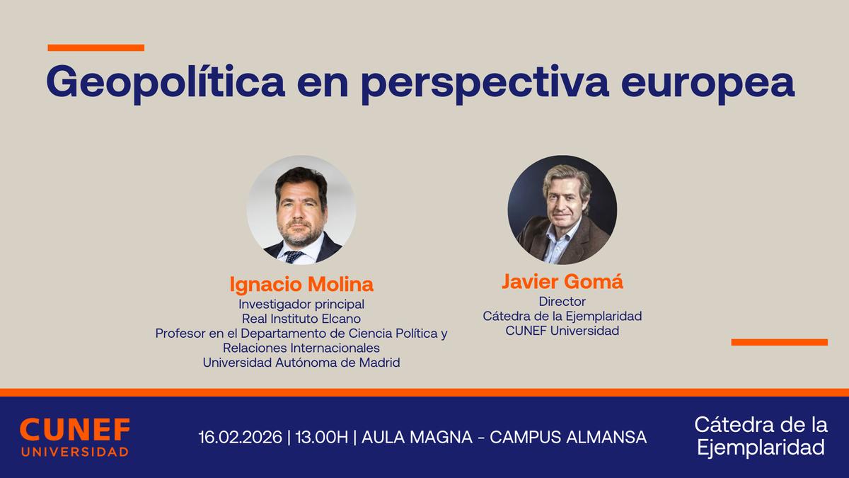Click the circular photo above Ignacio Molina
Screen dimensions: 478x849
pos(301,210)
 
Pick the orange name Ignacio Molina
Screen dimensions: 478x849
pos(301,285)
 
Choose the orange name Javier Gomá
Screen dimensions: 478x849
pos(562,282)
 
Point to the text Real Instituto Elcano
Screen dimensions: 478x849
pos(301,319)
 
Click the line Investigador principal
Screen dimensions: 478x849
pos(301,305)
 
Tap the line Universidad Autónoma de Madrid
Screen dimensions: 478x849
pos(301,363)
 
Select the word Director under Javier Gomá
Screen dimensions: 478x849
pos(562,302)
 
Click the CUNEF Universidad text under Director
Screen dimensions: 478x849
pos(562,331)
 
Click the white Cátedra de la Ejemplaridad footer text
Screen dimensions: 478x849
pos(761,436)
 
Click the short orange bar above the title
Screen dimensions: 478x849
pos(96,48)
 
